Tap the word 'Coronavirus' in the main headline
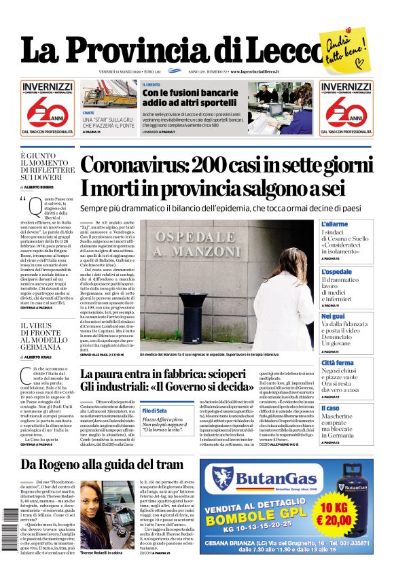tap(132, 165)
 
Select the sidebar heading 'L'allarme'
tap(334, 224)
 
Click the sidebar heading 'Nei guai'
tap(333, 316)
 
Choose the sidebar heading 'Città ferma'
tap(337, 363)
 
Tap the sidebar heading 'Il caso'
tap(330, 408)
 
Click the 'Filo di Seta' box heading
tap(154, 410)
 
